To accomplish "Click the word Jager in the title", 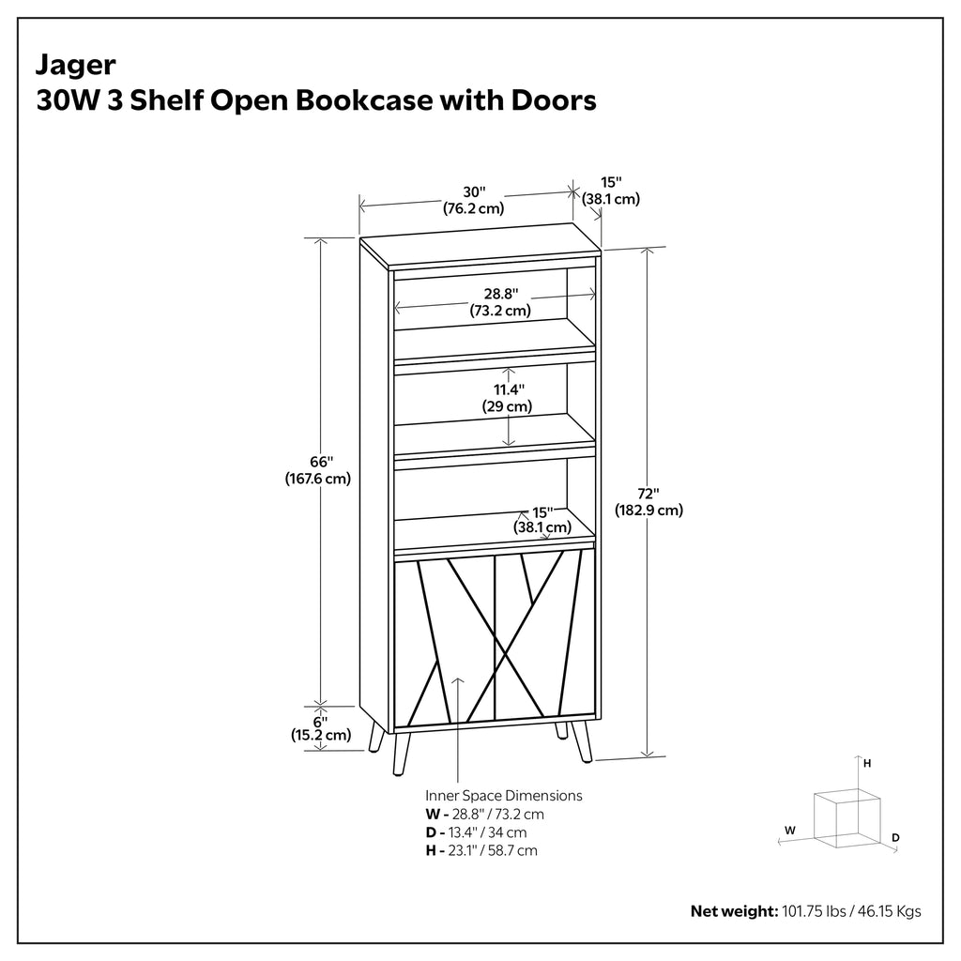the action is click(x=75, y=66).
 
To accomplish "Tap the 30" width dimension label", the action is click(x=474, y=192).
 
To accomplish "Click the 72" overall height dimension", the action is click(x=648, y=494).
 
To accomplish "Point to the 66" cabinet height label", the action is click(x=321, y=462).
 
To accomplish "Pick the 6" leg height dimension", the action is click(x=321, y=722).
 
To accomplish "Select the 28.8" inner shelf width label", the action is click(x=501, y=294).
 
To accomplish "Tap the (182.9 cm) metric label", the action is click(x=649, y=510).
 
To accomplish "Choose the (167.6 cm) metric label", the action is click(x=318, y=478).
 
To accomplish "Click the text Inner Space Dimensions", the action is click(x=504, y=796).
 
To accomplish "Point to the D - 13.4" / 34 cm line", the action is click(x=476, y=832).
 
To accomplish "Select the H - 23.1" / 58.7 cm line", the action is click(x=481, y=850).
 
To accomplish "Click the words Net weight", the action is click(x=734, y=911).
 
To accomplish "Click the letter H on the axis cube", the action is click(x=867, y=764).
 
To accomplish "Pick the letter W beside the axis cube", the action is click(x=790, y=831).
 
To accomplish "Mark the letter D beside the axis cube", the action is click(x=895, y=838).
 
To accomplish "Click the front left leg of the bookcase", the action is click(x=402, y=754).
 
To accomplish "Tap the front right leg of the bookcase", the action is click(x=582, y=741).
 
